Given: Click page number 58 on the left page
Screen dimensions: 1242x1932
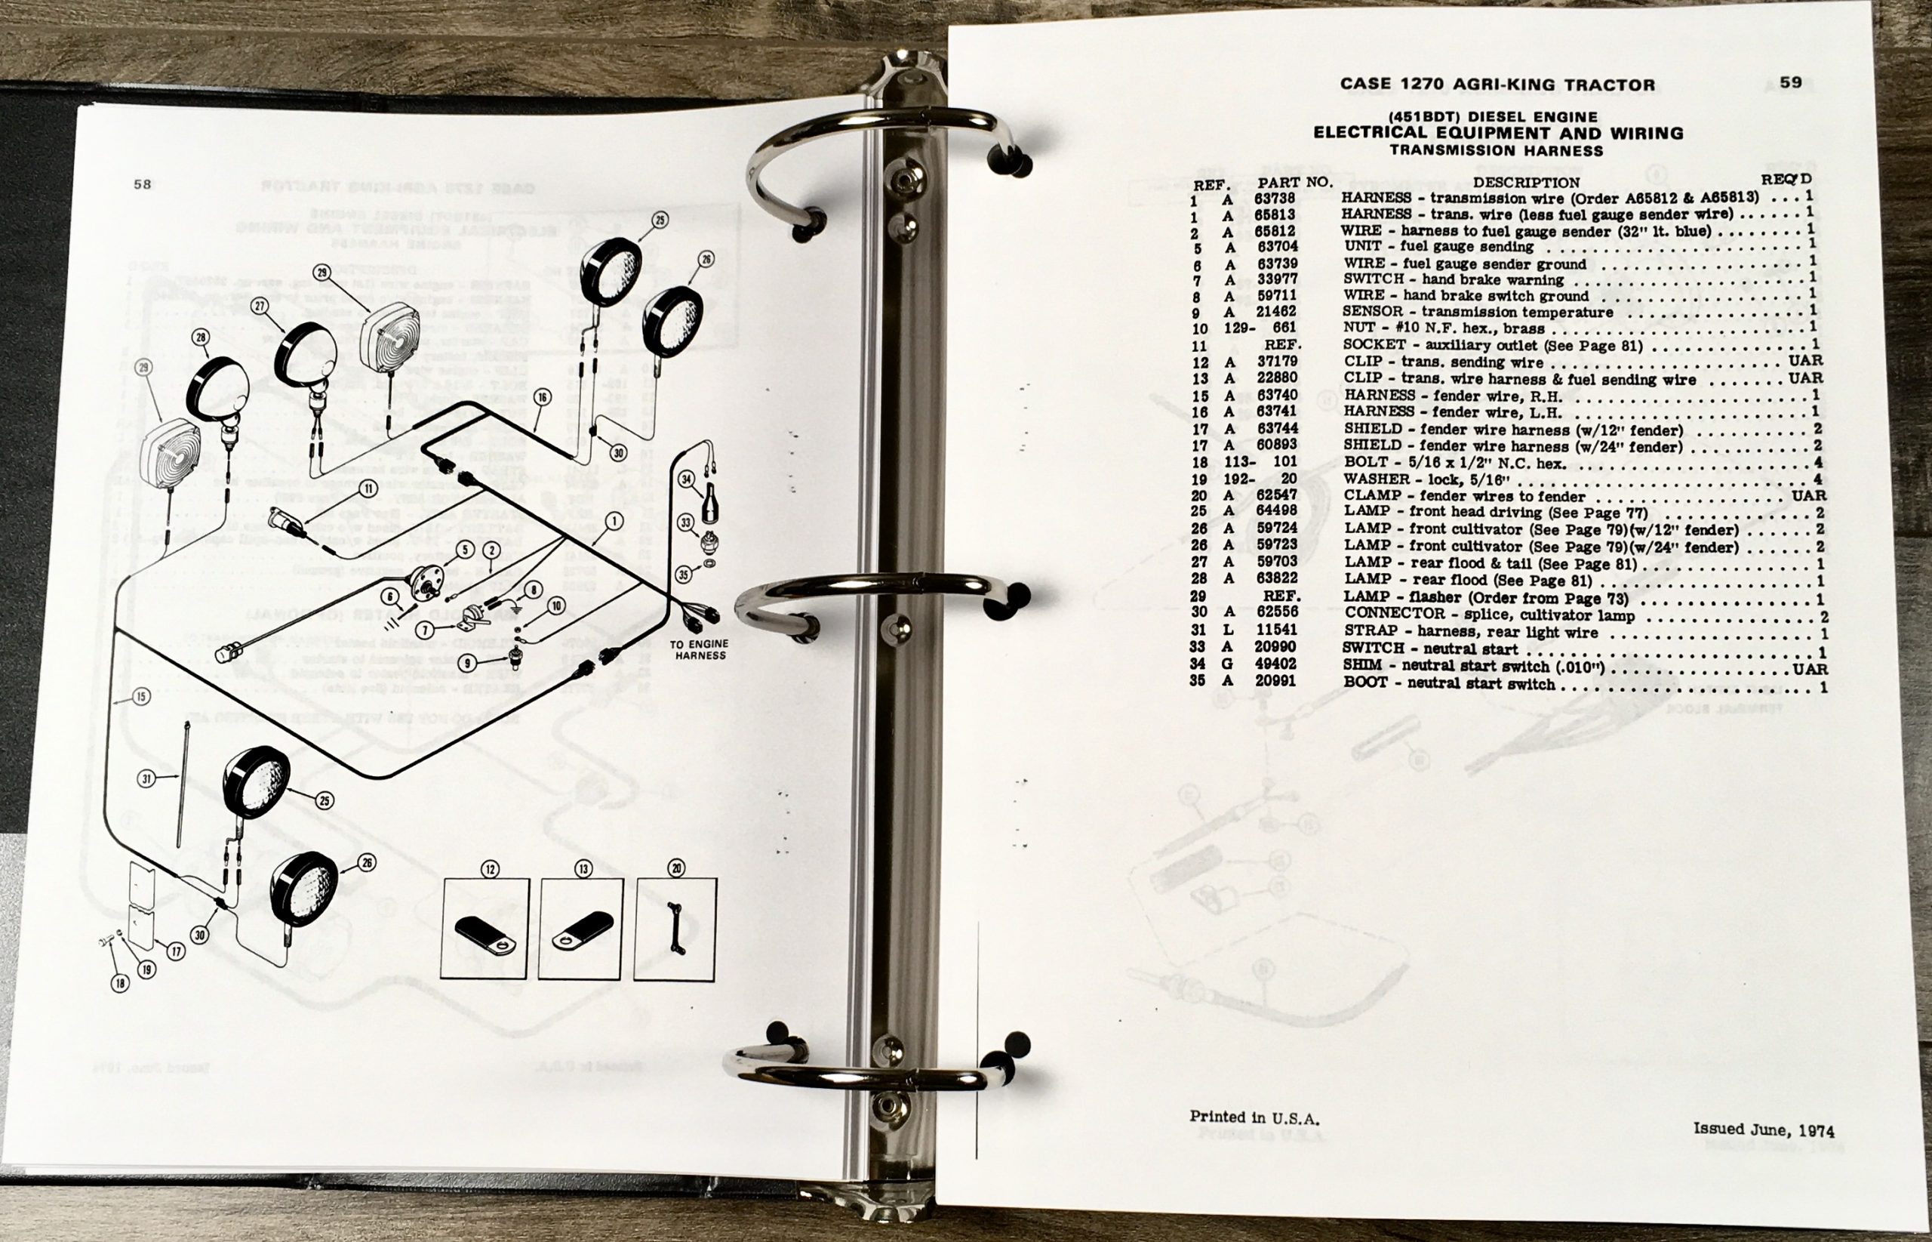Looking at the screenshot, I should (x=142, y=184).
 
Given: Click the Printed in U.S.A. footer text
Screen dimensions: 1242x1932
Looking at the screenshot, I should (x=1254, y=1117).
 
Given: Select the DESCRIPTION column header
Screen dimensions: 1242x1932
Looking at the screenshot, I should (x=1527, y=182).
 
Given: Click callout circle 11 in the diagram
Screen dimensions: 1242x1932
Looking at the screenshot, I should (x=368, y=488).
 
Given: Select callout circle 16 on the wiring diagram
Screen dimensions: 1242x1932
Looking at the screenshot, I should (x=542, y=397).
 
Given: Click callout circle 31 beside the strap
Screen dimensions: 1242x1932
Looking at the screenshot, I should (x=146, y=779).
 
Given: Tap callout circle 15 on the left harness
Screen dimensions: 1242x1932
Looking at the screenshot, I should (x=141, y=697).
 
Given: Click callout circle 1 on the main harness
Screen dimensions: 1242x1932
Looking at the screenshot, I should (x=615, y=522).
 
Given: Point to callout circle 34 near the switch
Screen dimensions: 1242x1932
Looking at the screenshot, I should (x=686, y=480).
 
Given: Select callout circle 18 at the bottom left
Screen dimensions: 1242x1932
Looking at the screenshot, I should (x=120, y=983).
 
